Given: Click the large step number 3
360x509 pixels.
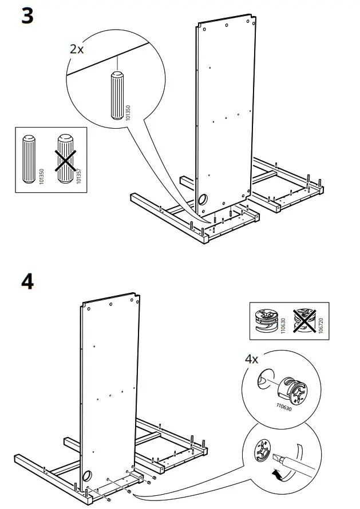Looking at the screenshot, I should coord(27,16).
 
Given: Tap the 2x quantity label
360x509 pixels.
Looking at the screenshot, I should coord(77,49).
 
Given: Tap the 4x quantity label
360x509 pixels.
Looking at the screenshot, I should coord(251,359).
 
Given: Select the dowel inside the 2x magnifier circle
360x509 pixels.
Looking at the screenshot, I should coord(116,94).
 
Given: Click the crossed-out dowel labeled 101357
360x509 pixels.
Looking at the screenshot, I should coord(66,158).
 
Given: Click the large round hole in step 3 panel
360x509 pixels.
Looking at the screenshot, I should coord(203,200).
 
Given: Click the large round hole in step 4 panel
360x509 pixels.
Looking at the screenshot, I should coord(87,477).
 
